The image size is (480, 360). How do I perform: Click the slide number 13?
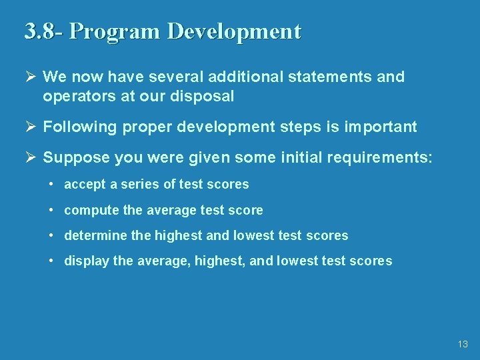463,345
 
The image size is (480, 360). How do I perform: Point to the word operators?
73,96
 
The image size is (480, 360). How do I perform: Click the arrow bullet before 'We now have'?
29,77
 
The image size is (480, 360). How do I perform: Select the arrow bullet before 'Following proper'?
29,127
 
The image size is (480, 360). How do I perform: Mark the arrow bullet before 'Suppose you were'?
29,158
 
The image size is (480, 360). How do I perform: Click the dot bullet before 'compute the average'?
51,210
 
